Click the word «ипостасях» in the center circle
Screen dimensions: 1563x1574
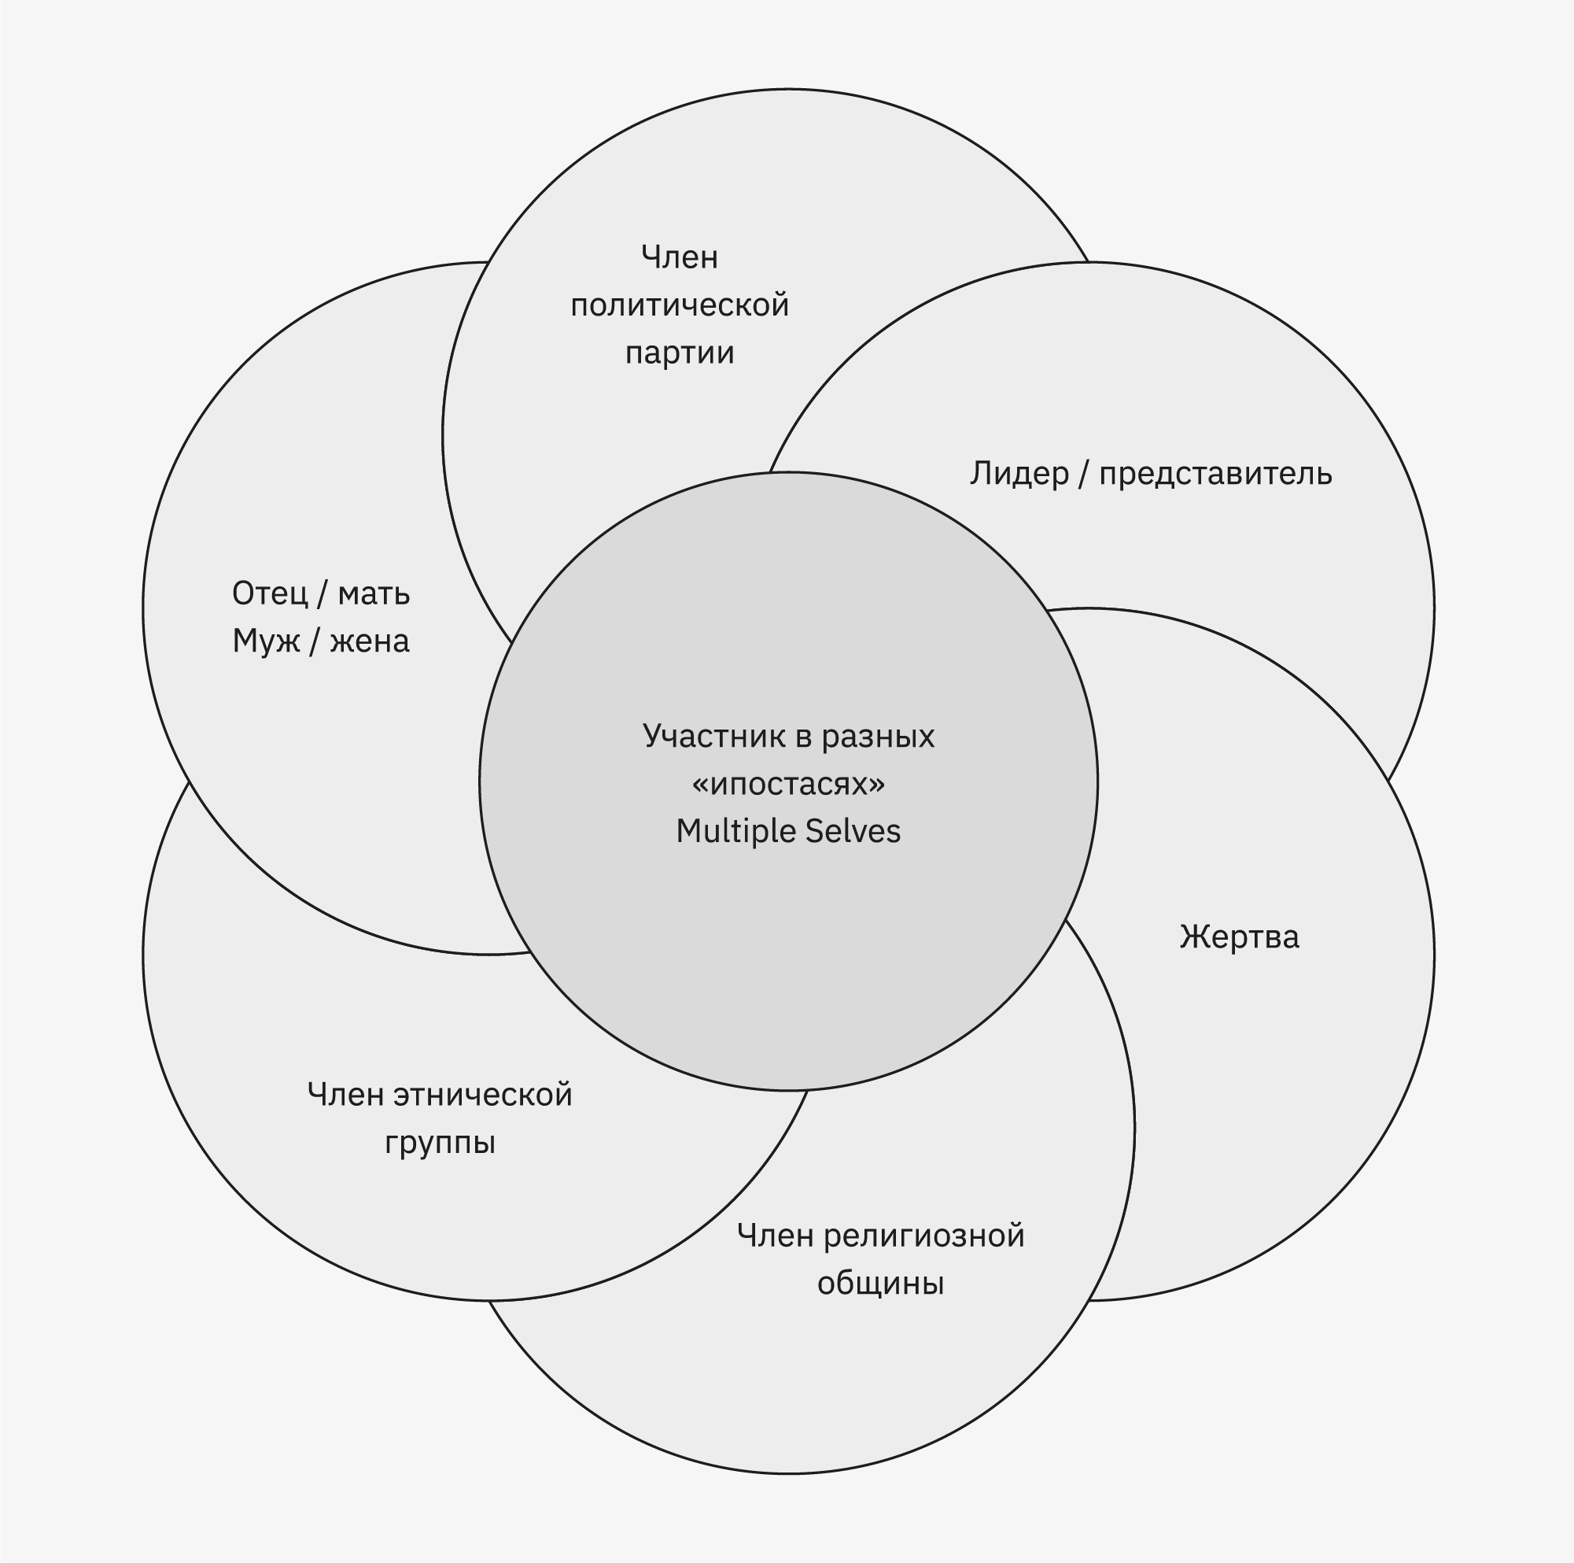point(788,784)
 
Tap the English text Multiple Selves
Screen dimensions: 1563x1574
point(788,831)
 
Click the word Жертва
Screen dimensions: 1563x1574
point(1238,937)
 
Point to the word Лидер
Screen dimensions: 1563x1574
point(1019,474)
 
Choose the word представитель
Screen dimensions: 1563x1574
point(1215,474)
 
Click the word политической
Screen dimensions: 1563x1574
point(680,305)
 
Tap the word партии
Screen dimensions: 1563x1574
point(680,353)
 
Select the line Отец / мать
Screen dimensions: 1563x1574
point(321,593)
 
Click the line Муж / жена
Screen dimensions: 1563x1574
point(321,641)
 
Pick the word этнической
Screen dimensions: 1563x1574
point(482,1095)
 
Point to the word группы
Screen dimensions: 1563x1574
point(440,1143)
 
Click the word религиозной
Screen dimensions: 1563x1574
point(923,1236)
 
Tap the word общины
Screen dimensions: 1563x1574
point(880,1284)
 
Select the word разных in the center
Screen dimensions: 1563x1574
point(876,736)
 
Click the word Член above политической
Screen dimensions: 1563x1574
point(680,257)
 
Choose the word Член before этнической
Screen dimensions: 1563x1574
point(345,1095)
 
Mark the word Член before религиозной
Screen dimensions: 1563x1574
point(774,1236)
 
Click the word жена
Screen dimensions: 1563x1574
point(369,641)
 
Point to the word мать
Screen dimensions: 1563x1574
point(373,593)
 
